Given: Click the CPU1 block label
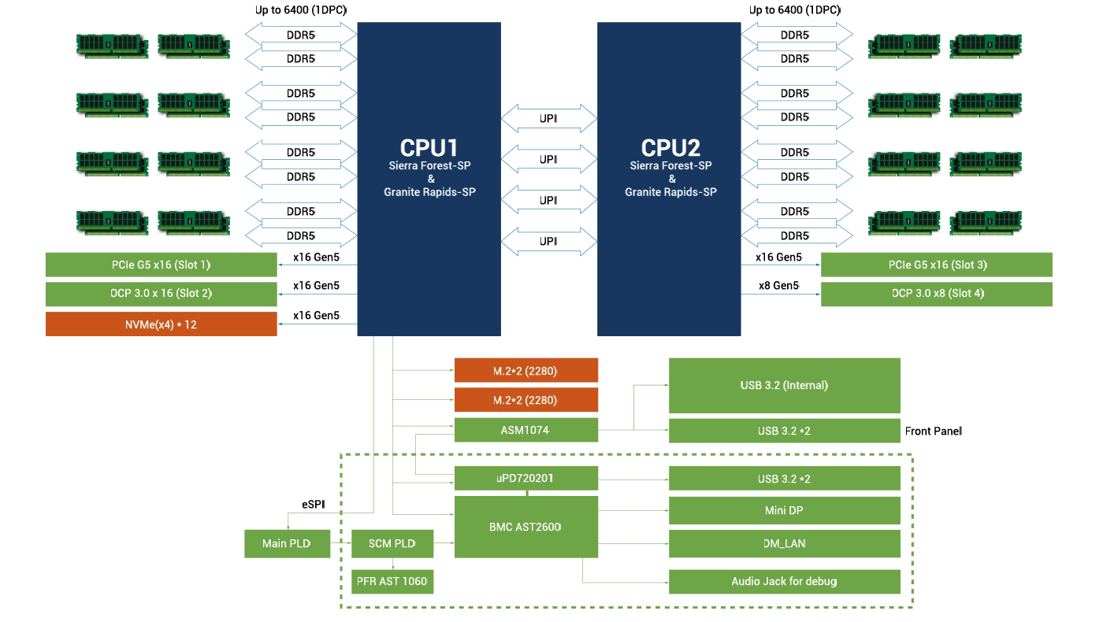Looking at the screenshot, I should pos(429,148).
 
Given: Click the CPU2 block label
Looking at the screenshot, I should pos(670,148).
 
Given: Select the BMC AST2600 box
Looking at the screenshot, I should pos(526,527).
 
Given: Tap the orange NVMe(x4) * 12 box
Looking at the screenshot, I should pos(161,324).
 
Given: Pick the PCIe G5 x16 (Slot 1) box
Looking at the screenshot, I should pos(161,265).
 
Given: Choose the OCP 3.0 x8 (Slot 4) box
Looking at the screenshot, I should pos(936,294).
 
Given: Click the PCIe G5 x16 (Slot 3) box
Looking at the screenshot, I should pos(936,265).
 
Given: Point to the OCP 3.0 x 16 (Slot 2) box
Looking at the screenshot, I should pos(161,294).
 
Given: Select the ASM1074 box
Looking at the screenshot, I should pos(526,430).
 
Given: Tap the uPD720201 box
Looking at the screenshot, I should pos(526,478).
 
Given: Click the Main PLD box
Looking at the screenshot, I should pos(287,544).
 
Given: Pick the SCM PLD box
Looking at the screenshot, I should pos(392,544).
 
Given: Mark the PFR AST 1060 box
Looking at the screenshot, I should pos(392,582).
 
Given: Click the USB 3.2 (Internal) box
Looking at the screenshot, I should pos(784,386).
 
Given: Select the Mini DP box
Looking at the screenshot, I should pos(784,510).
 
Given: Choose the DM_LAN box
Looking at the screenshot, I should pos(784,543).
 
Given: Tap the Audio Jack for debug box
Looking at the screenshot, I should pos(784,582).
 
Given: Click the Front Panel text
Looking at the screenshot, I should pos(934,431).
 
